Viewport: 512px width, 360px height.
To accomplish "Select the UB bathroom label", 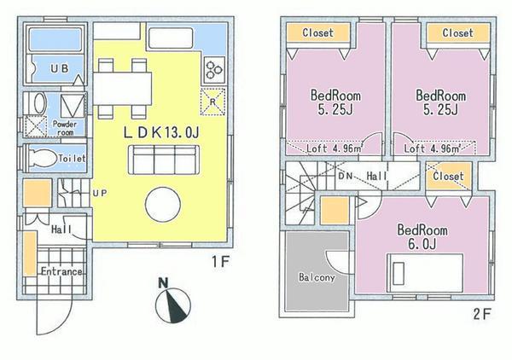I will coord(58,67).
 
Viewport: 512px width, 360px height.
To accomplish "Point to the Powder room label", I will coord(65,126).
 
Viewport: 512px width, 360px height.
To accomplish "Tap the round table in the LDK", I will coord(162,206).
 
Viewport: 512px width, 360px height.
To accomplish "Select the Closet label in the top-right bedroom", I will coord(457,33).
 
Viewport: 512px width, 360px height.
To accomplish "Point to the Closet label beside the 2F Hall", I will coord(449,177).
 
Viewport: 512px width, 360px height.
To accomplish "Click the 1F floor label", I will coord(221,264).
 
